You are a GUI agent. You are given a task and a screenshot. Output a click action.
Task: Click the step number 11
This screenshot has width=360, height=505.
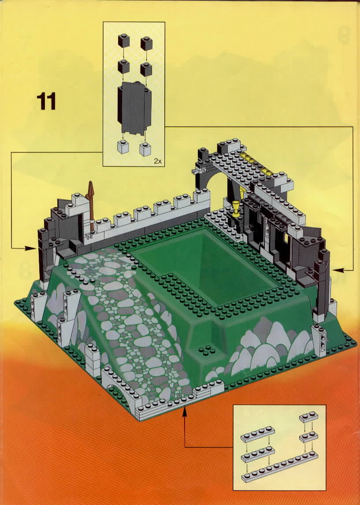pos(46,101)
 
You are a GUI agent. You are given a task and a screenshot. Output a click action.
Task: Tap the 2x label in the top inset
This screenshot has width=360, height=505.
pos(158,161)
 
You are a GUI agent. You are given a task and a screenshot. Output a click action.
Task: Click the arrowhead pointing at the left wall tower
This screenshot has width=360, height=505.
pos(30,248)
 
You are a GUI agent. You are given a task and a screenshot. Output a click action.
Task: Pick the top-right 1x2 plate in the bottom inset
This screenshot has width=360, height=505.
pos(308,417)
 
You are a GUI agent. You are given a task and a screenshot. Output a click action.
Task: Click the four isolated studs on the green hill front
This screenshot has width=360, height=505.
pos(205,350)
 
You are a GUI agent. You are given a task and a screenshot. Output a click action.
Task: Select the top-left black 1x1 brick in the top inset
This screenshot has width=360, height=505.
pos(124,41)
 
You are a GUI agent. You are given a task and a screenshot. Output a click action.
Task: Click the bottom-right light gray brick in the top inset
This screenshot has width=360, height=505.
pos(145,149)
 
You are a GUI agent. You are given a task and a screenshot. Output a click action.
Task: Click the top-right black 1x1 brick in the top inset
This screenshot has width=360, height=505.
pos(146,43)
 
